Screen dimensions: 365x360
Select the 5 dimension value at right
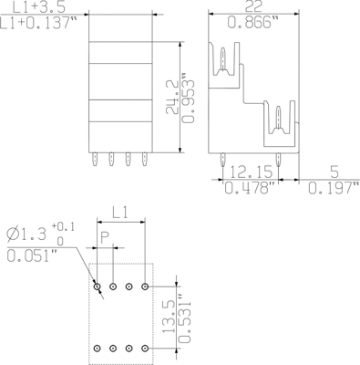click(334, 172)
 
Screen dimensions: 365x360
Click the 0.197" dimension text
click(333, 189)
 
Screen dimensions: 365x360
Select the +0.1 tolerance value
click(63, 226)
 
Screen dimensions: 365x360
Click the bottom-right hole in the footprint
click(145, 347)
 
